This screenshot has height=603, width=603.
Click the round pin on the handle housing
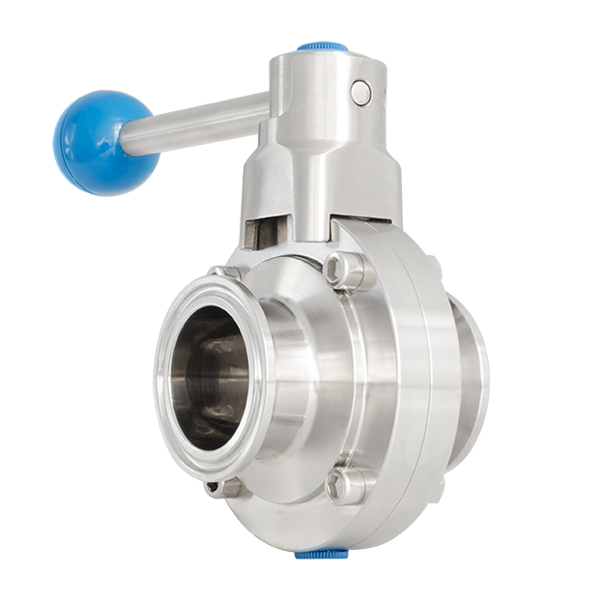[x=361, y=92]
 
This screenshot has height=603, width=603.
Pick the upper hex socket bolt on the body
[x=346, y=269]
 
